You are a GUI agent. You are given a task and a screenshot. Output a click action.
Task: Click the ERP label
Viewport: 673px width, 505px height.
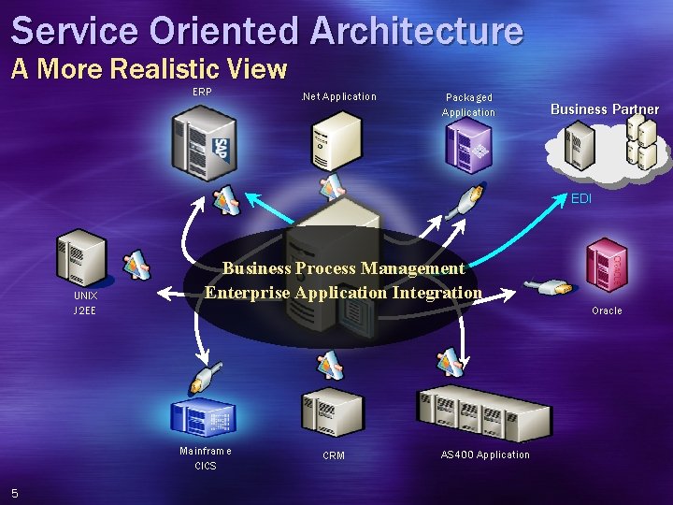[x=202, y=92]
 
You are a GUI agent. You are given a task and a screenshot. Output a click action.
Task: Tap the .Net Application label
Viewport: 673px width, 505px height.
[x=337, y=96]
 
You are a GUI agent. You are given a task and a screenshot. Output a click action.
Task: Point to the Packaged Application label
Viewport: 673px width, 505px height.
[x=468, y=105]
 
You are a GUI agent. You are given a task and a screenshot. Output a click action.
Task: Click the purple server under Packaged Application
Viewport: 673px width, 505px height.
[x=468, y=147]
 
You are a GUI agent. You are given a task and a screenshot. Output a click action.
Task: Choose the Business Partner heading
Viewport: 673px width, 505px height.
[x=604, y=109]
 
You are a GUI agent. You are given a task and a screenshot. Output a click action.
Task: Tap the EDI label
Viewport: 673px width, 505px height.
[x=581, y=198]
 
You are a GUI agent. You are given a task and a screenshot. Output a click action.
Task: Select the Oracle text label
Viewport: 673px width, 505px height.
[x=607, y=310]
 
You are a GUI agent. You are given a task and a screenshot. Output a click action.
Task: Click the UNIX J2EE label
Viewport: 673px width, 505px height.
[x=85, y=302]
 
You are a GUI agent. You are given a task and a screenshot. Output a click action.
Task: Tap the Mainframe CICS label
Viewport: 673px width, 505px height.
[x=206, y=457]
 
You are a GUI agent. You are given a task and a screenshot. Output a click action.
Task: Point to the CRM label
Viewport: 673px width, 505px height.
[x=334, y=455]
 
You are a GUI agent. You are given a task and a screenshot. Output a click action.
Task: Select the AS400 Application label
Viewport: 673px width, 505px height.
[x=484, y=454]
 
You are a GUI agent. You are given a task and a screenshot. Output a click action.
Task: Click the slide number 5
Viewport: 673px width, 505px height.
[x=15, y=493]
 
